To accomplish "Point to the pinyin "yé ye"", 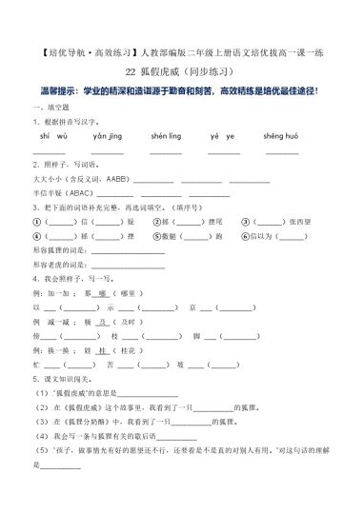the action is [x=222, y=137].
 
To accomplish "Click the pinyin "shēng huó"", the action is [x=282, y=137].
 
